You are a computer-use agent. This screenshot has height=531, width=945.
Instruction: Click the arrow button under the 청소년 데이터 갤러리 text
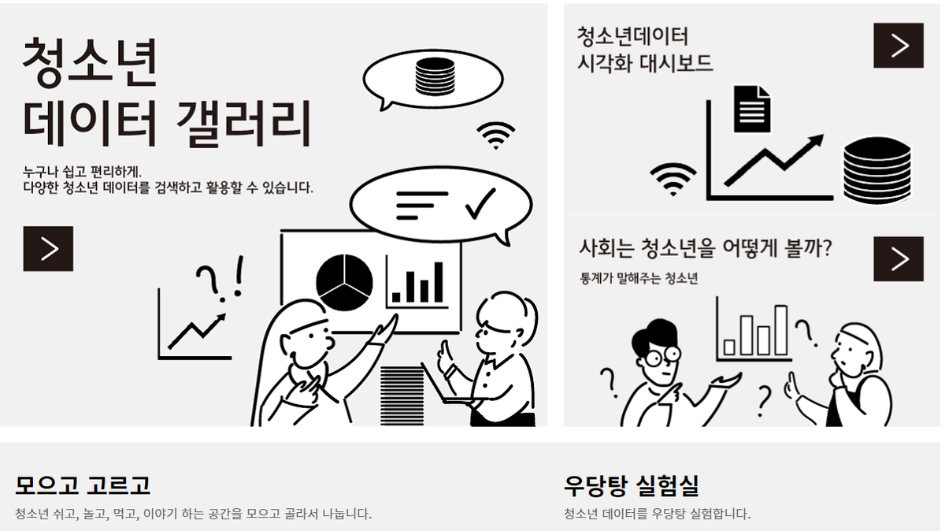coord(48,249)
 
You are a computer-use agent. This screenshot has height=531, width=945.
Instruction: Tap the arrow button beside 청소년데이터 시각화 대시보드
coord(898,46)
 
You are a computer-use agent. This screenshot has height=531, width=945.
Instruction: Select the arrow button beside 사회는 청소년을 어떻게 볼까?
coord(898,258)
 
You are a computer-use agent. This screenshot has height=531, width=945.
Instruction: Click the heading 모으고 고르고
coord(83,485)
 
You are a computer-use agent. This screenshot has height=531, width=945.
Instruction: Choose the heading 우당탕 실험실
coord(632,485)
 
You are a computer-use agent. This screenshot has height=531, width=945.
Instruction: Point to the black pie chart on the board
coord(344,280)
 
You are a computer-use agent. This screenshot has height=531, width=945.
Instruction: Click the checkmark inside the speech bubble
coord(479,204)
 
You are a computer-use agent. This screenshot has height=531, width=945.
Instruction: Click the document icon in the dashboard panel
coord(752,108)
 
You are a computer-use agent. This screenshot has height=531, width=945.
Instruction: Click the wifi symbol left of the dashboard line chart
coord(673,179)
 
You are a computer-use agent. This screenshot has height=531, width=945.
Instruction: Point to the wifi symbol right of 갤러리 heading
coord(496,136)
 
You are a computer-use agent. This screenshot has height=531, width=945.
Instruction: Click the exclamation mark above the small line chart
coord(239,278)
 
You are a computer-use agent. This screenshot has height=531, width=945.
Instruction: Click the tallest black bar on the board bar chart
coord(439,281)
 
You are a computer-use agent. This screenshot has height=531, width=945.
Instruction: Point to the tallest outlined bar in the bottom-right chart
coord(780,330)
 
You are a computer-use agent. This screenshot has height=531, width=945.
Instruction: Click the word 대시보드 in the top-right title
coord(676,63)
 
